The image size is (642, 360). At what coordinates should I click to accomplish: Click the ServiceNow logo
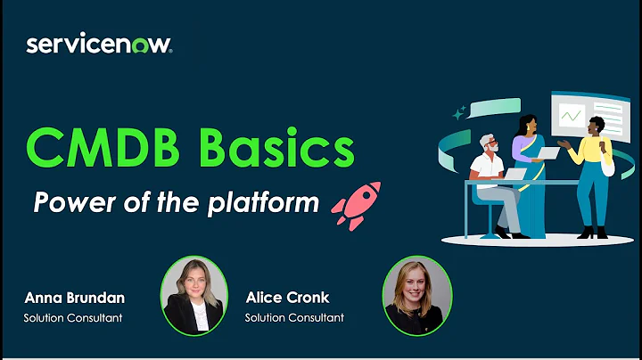[99, 45]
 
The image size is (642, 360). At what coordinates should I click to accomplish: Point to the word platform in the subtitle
[264, 202]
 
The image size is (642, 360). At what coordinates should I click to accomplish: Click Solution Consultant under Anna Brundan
[74, 317]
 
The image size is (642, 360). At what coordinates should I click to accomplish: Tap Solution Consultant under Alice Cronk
[294, 317]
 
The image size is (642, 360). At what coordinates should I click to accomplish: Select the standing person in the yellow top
[592, 169]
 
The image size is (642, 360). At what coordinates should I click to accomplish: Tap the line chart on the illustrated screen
[572, 115]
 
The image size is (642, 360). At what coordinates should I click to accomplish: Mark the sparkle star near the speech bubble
[459, 113]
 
